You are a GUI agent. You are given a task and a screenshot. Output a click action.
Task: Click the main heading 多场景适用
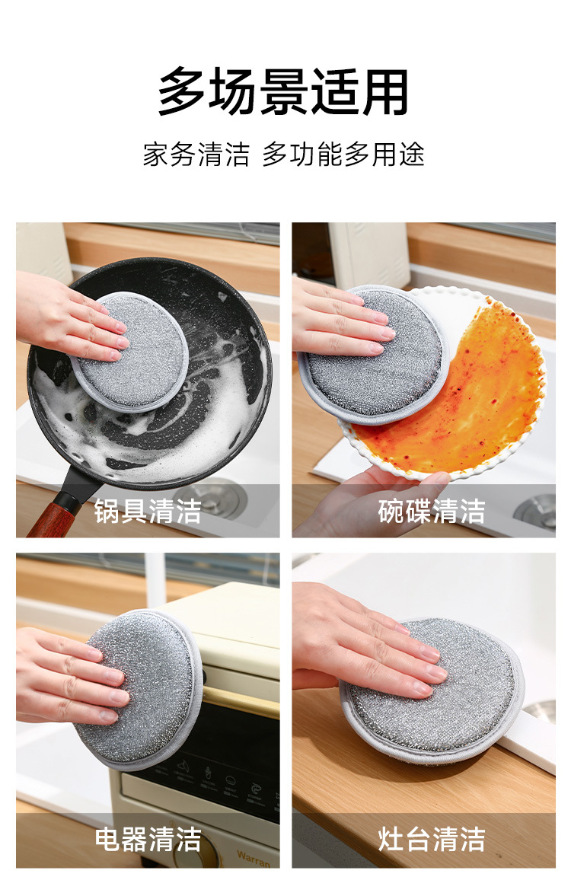(x=283, y=91)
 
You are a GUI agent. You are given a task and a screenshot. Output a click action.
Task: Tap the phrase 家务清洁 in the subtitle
(x=196, y=155)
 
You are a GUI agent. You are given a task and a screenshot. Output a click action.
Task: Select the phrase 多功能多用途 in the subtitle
(x=343, y=155)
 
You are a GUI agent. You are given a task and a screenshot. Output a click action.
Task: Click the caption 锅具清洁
(x=148, y=511)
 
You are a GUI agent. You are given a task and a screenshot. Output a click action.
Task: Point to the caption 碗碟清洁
(x=432, y=511)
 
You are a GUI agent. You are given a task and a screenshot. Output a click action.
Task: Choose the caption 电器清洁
(x=148, y=839)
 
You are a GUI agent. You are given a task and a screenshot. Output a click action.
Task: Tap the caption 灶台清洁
(x=432, y=839)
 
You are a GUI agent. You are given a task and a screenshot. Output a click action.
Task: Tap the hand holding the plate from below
(x=365, y=503)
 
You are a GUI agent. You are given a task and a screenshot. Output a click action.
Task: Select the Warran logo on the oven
(x=254, y=857)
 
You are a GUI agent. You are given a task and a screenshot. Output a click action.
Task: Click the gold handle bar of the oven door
(x=239, y=700)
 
